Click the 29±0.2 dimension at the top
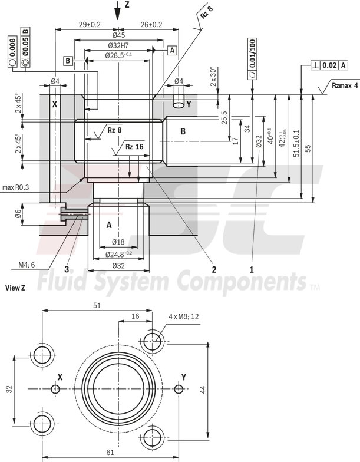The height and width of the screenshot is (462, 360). point(90,25)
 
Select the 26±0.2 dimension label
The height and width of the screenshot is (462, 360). point(151,25)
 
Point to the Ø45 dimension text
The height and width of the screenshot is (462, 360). point(118,35)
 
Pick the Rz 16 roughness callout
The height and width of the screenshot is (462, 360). point(134,146)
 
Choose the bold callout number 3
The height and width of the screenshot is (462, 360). point(68,269)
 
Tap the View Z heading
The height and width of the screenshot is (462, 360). point(15,288)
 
